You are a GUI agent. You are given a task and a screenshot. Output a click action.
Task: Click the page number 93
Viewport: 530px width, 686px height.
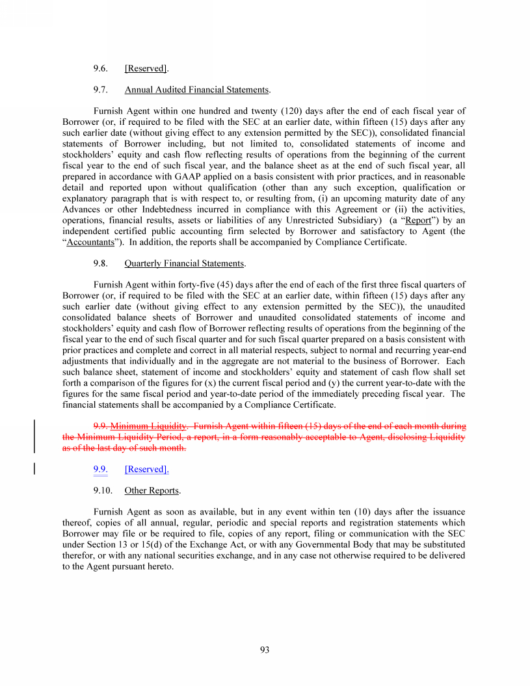click(x=265, y=650)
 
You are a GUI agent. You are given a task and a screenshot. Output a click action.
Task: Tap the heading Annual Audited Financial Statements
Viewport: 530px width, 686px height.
click(x=196, y=90)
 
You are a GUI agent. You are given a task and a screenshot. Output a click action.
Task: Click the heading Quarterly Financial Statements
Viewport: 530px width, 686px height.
click(x=185, y=263)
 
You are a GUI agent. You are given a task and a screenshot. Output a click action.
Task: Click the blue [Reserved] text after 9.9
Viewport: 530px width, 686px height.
click(x=146, y=469)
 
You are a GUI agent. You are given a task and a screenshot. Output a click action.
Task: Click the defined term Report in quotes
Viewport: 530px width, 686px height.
click(x=418, y=220)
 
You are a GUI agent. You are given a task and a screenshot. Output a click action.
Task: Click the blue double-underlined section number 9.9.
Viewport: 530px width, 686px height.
click(x=100, y=469)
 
